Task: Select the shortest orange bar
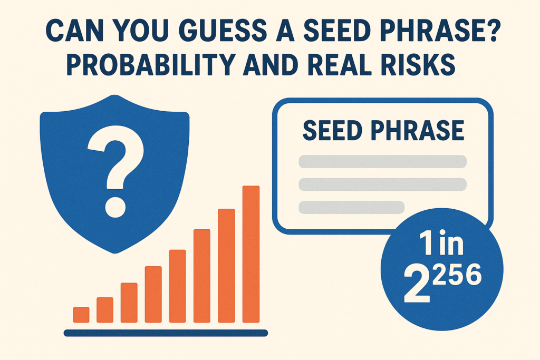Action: [81, 314]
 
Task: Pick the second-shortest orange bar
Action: [105, 310]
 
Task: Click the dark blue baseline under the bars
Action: [166, 333]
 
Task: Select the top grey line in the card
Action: [383, 161]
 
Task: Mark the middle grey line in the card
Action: [383, 184]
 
